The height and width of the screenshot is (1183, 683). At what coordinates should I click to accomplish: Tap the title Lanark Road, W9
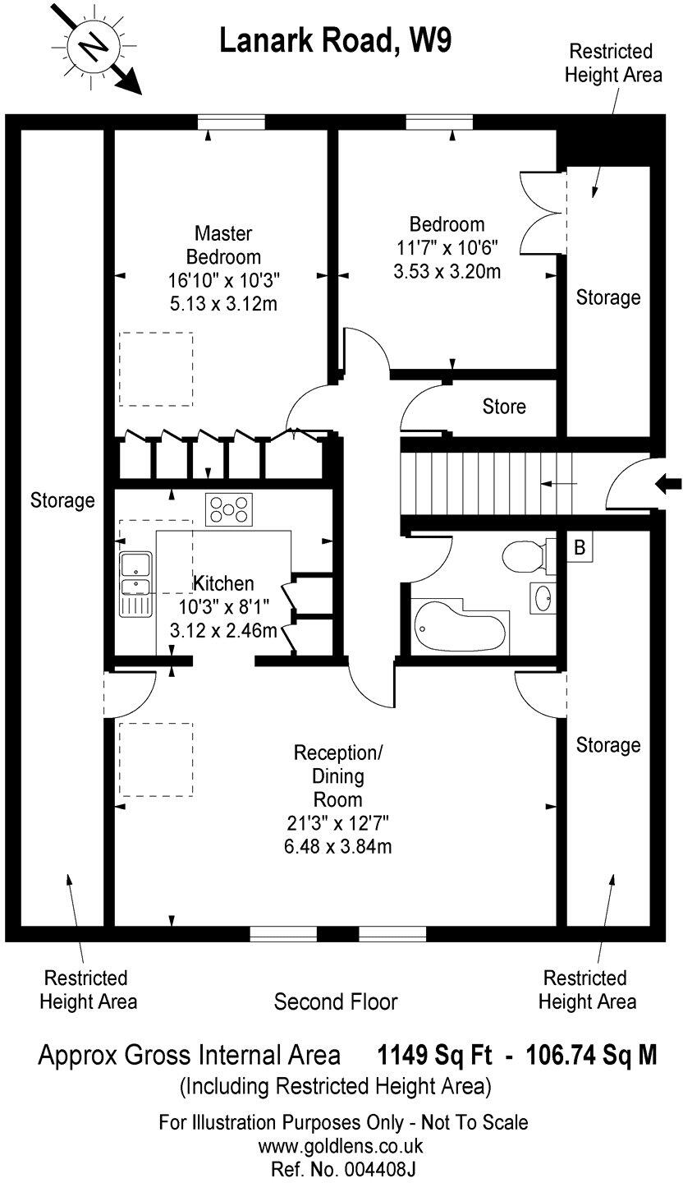pyautogui.click(x=335, y=40)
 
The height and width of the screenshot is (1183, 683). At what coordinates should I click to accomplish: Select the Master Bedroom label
pyautogui.click(x=223, y=245)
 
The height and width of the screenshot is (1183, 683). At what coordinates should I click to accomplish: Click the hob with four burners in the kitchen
pyautogui.click(x=229, y=509)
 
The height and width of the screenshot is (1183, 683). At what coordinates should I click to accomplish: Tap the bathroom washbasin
pyautogui.click(x=542, y=597)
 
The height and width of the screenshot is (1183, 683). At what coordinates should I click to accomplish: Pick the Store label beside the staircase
pyautogui.click(x=504, y=407)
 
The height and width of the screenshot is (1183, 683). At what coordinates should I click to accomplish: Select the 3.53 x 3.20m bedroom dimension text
pyautogui.click(x=447, y=270)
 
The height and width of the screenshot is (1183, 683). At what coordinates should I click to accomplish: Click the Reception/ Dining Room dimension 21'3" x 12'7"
pyautogui.click(x=337, y=821)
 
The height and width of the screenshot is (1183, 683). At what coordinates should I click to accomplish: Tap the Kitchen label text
pyautogui.click(x=223, y=584)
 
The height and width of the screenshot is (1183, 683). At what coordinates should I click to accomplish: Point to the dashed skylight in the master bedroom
pyautogui.click(x=157, y=368)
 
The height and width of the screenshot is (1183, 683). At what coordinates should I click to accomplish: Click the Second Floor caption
pyautogui.click(x=336, y=1002)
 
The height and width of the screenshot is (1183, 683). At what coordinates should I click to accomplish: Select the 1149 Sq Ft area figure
pyautogui.click(x=434, y=1055)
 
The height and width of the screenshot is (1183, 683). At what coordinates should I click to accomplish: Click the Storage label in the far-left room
pyautogui.click(x=62, y=499)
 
